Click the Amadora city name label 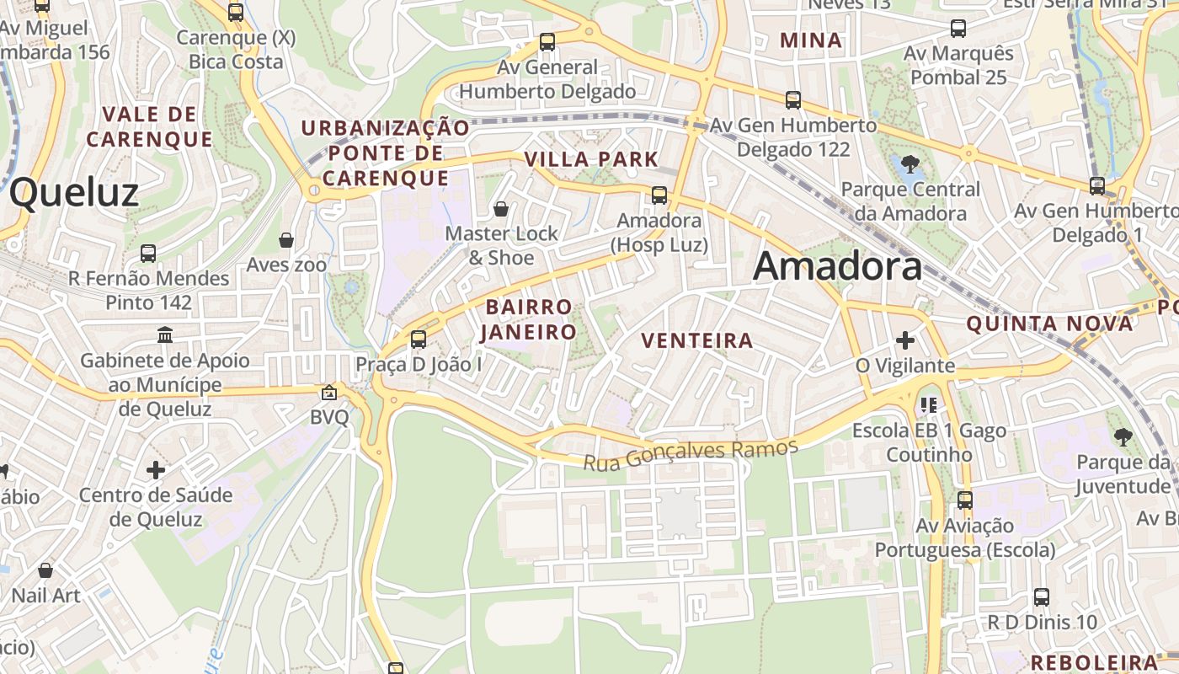pyautogui.click(x=837, y=266)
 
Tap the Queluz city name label pyautogui.click(x=74, y=193)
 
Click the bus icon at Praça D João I pyautogui.click(x=418, y=340)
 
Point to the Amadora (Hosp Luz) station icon pyautogui.click(x=659, y=195)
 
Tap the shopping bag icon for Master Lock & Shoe pyautogui.click(x=501, y=209)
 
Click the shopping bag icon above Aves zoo pyautogui.click(x=286, y=240)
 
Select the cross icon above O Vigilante pyautogui.click(x=905, y=340)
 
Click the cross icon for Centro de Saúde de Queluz pyautogui.click(x=156, y=469)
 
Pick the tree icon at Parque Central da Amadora pyautogui.click(x=910, y=164)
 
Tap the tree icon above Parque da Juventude pyautogui.click(x=1123, y=436)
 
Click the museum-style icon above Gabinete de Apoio pyautogui.click(x=165, y=335)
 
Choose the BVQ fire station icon pyautogui.click(x=328, y=393)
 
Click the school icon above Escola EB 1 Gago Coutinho pyautogui.click(x=929, y=405)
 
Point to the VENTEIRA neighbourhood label pyautogui.click(x=696, y=340)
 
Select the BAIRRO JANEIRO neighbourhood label pyautogui.click(x=528, y=319)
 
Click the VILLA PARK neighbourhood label pyautogui.click(x=591, y=159)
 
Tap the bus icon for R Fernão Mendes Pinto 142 pyautogui.click(x=148, y=253)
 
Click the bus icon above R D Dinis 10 pyautogui.click(x=1042, y=597)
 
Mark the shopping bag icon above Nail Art pyautogui.click(x=45, y=570)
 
